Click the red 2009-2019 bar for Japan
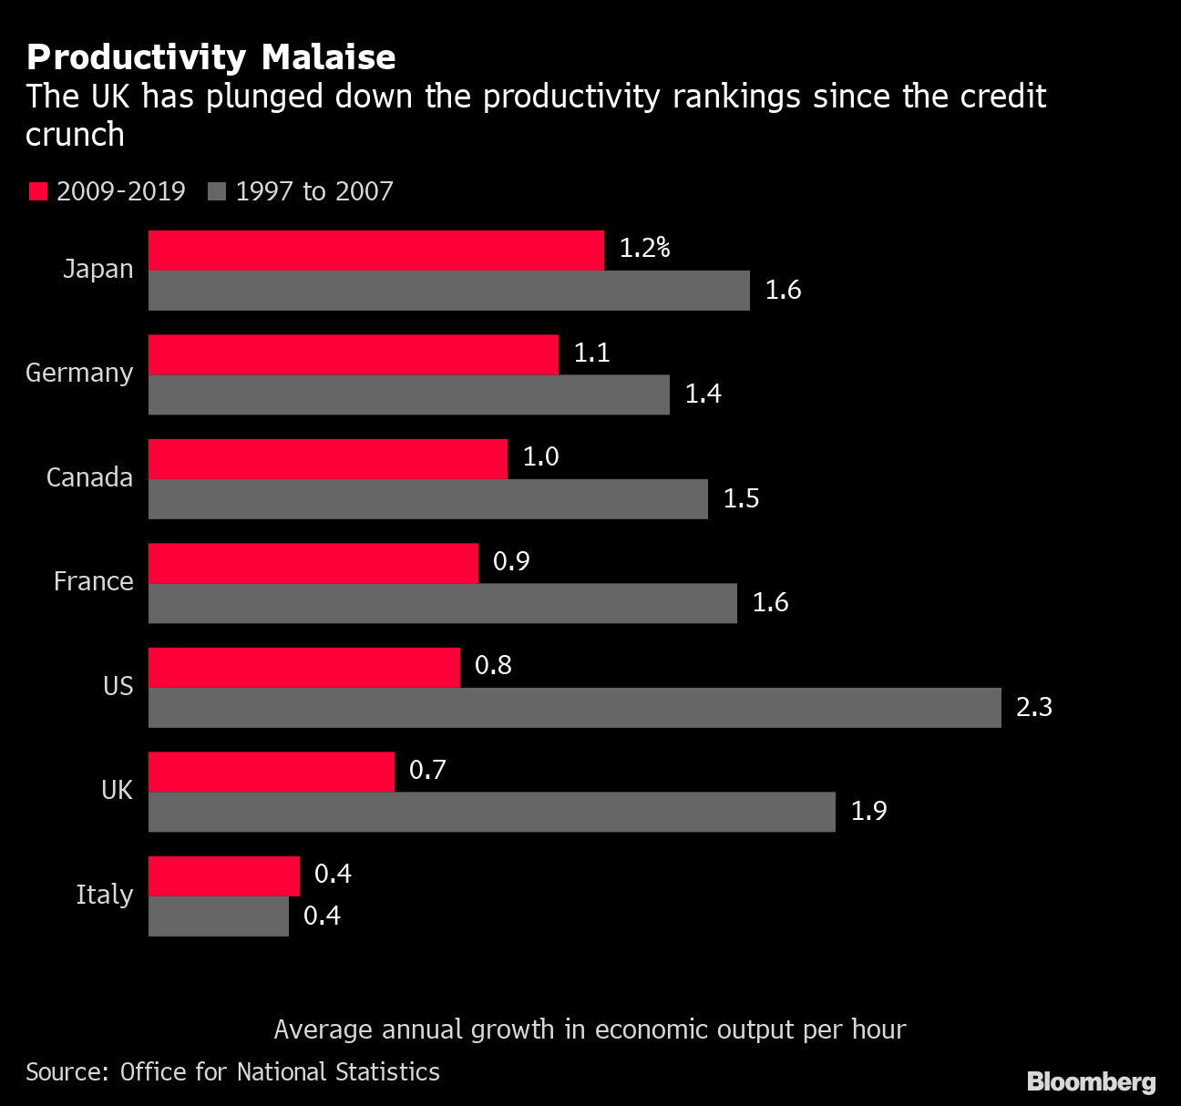(x=375, y=251)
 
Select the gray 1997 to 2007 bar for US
(x=574, y=708)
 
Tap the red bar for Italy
(x=224, y=876)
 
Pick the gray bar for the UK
(x=491, y=812)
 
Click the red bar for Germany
(x=353, y=354)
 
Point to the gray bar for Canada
(x=427, y=499)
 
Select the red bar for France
(x=313, y=563)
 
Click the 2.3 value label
(x=1034, y=707)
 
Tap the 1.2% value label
(x=644, y=248)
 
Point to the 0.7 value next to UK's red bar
(x=427, y=770)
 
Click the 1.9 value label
(x=868, y=811)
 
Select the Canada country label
(x=89, y=477)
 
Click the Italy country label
(x=104, y=895)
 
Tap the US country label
(x=118, y=686)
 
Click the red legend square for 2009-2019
(x=37, y=191)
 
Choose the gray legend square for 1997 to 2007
(x=217, y=191)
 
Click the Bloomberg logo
(x=1091, y=1081)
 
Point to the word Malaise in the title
(x=328, y=57)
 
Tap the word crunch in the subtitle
(x=75, y=135)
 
